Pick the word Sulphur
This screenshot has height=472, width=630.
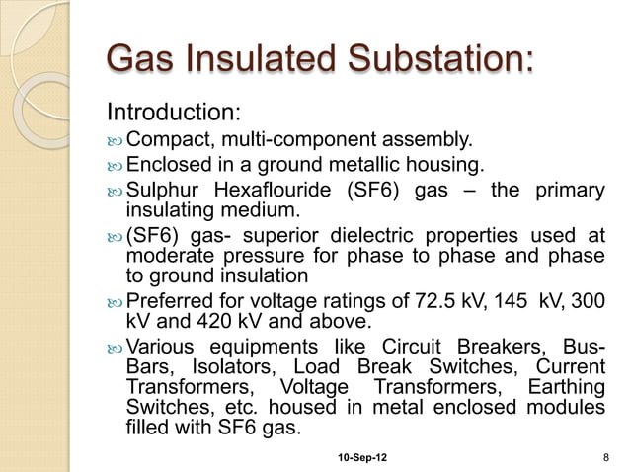[164, 190]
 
